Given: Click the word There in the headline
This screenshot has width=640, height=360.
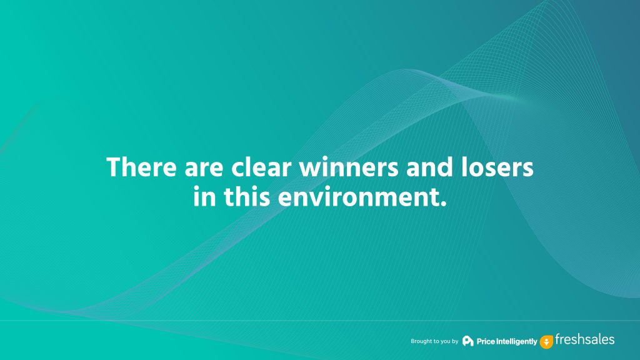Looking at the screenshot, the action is click(x=142, y=167).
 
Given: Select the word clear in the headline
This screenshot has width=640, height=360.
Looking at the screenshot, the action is click(x=262, y=167).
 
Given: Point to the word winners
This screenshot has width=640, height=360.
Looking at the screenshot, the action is click(x=349, y=168).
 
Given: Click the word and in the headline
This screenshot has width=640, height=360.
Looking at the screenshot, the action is click(x=430, y=167).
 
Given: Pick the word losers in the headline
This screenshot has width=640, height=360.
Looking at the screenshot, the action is click(x=497, y=167).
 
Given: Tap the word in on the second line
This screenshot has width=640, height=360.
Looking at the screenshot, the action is click(x=204, y=197).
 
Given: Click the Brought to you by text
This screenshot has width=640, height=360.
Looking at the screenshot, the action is click(x=434, y=341).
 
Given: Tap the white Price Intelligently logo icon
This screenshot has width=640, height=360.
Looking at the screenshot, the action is click(x=467, y=341).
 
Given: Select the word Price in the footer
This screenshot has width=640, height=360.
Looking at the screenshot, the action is click(x=486, y=342).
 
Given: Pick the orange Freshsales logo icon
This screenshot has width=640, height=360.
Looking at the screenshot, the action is click(x=546, y=342).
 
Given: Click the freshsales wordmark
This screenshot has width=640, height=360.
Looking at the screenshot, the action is click(x=584, y=339).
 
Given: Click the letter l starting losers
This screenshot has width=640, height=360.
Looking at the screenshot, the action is click(x=465, y=167).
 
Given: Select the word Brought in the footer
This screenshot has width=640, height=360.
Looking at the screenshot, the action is click(x=420, y=341).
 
